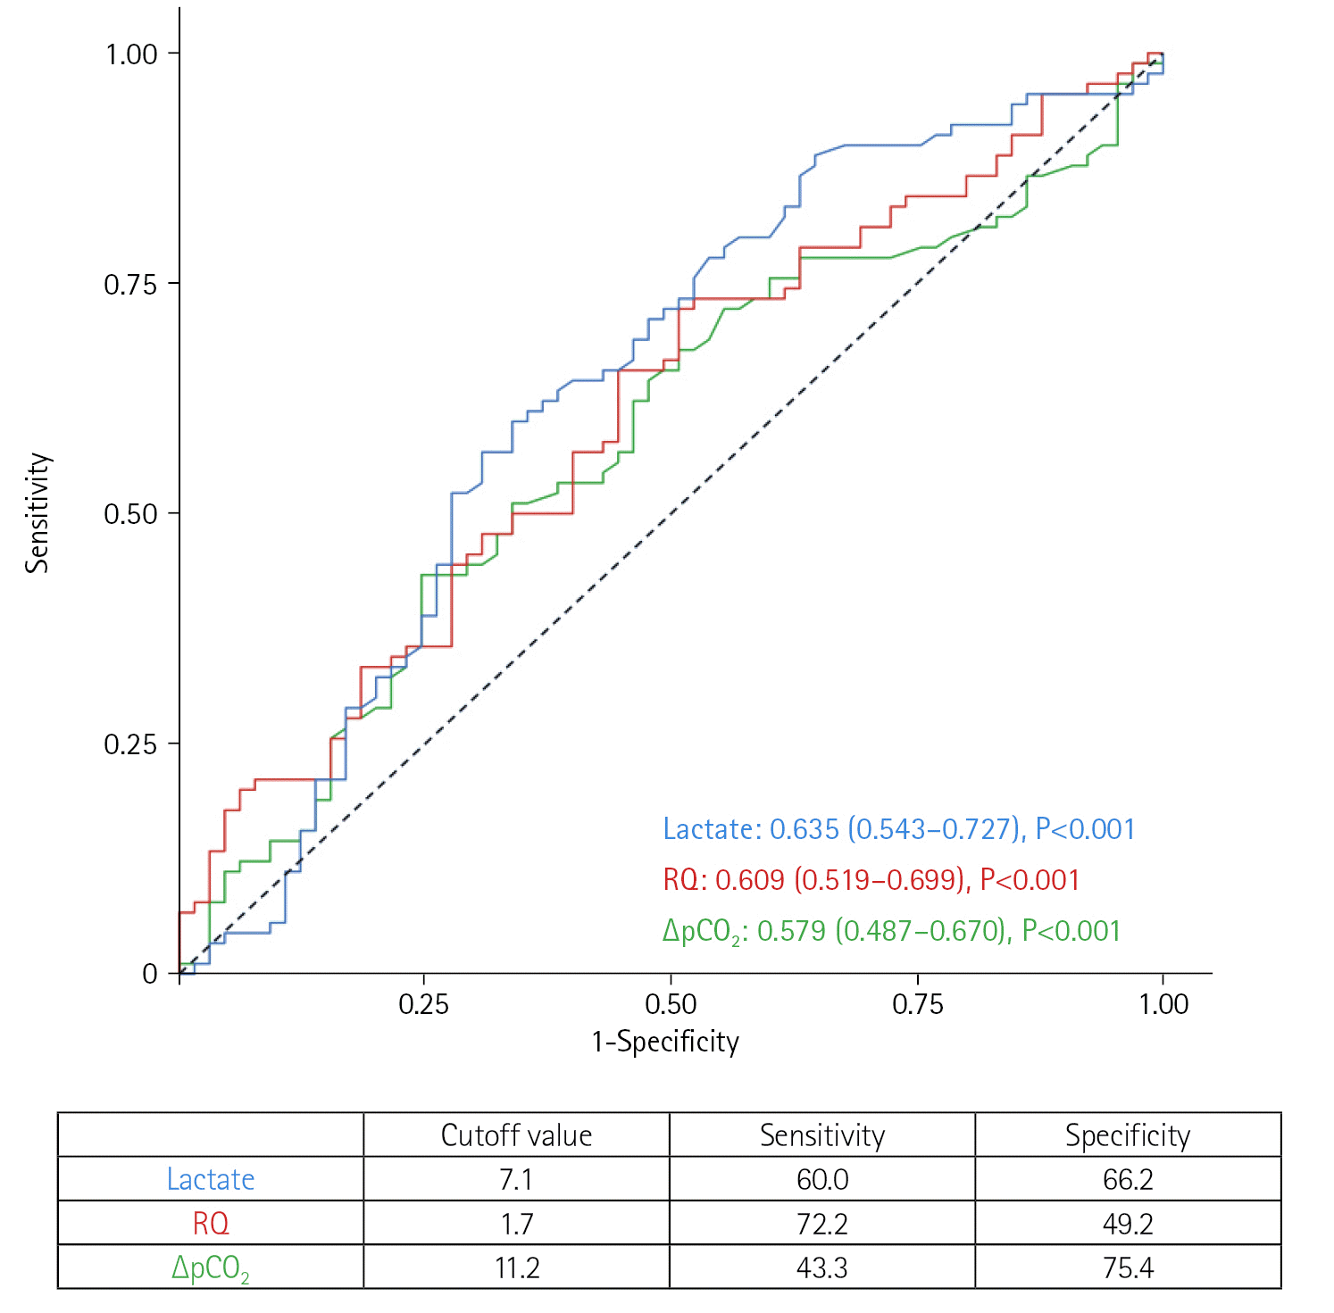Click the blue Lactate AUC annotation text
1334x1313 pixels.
pyautogui.click(x=898, y=829)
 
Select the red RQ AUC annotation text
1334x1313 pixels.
pyautogui.click(x=871, y=880)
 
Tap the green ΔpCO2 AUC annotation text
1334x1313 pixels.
pyautogui.click(x=891, y=932)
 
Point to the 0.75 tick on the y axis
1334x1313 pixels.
pyautogui.click(x=131, y=285)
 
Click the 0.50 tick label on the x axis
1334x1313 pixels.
pyautogui.click(x=671, y=1004)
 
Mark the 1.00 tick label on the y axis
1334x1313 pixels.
pyautogui.click(x=131, y=54)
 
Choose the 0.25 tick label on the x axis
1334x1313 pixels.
pyautogui.click(x=423, y=1004)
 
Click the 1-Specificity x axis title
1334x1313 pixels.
pyautogui.click(x=665, y=1042)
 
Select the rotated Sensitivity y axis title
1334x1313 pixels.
pyautogui.click(x=38, y=512)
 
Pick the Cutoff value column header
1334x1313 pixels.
pyautogui.click(x=516, y=1135)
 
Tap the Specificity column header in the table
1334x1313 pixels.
pyautogui.click(x=1128, y=1135)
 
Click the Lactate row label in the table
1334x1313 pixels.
pyautogui.click(x=211, y=1179)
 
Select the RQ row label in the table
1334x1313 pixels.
pyautogui.click(x=211, y=1223)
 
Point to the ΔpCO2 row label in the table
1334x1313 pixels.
pyautogui.click(x=211, y=1268)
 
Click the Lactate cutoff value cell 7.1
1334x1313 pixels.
pyautogui.click(x=516, y=1179)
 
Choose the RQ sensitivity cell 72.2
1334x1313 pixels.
pyautogui.click(x=821, y=1223)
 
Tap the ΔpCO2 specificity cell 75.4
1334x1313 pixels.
pyautogui.click(x=1128, y=1267)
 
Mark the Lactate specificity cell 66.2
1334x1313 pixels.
pyautogui.click(x=1128, y=1179)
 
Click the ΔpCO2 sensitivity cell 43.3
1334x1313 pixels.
pyautogui.click(x=821, y=1267)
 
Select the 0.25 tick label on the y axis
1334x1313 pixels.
pyautogui.click(x=131, y=744)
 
